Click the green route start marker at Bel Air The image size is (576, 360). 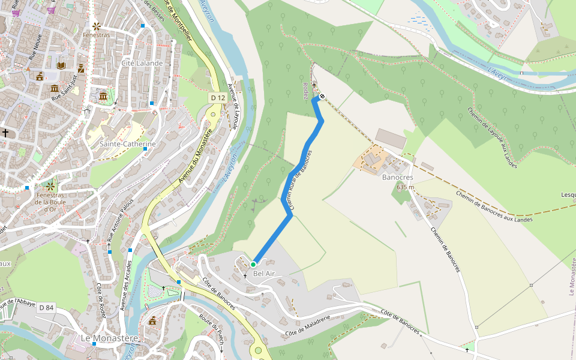coord(253,264)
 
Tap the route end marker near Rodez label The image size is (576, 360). coord(322,96)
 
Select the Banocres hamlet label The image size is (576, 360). coord(397,178)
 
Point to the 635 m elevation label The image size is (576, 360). coord(406,187)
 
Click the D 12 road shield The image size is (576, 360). coord(218,97)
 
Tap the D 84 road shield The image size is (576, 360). coord(46,308)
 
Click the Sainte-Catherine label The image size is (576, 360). coord(127,144)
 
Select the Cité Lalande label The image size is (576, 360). coord(142,63)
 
